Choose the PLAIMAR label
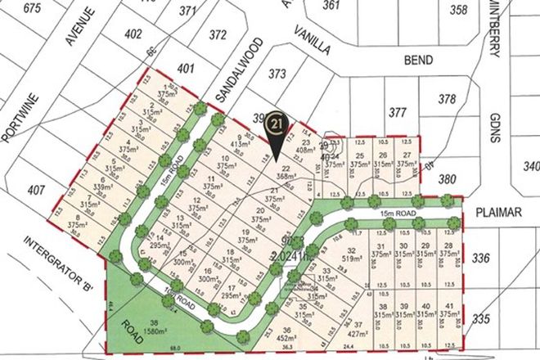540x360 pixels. click(505, 211)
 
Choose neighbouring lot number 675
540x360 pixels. click(33, 7)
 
